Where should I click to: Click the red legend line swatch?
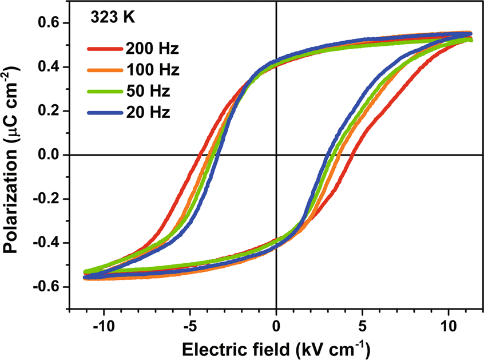[x=105, y=49]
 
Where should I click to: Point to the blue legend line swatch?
[x=105, y=113]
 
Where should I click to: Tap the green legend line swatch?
[x=105, y=92]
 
